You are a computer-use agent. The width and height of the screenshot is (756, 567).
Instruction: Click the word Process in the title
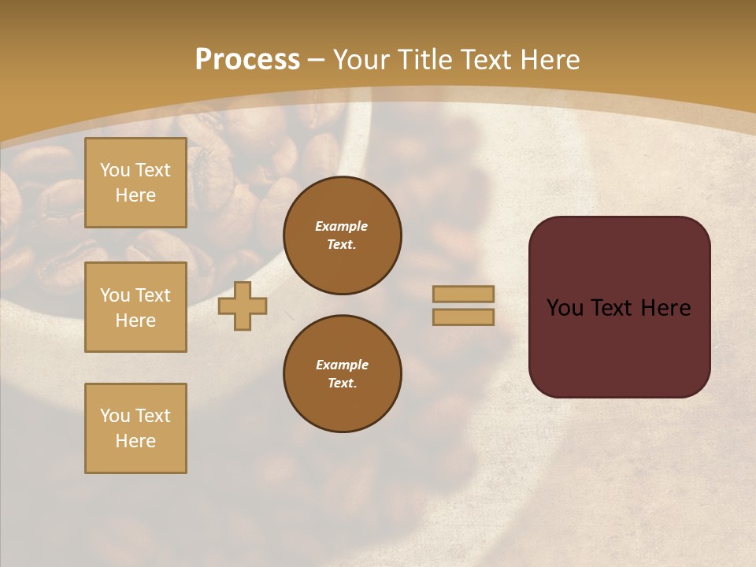(x=247, y=60)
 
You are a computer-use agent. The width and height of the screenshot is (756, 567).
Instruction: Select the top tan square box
(x=135, y=183)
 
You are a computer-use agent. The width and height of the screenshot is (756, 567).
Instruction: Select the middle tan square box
(x=135, y=307)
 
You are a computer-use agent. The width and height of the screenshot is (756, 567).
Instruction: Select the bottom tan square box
(x=135, y=428)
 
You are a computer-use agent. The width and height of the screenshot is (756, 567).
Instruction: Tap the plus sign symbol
(x=243, y=306)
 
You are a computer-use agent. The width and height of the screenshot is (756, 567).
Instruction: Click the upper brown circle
(x=342, y=235)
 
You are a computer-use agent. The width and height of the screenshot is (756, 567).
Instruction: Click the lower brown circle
(x=342, y=373)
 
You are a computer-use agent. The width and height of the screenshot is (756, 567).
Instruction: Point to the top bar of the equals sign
(x=464, y=294)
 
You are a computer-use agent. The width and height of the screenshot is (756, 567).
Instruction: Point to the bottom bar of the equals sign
(x=464, y=317)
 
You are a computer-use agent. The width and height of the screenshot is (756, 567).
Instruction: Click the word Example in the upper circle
(x=341, y=226)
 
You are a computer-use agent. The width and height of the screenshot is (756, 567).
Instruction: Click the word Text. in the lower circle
(x=342, y=383)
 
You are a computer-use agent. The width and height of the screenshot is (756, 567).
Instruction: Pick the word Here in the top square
(x=135, y=195)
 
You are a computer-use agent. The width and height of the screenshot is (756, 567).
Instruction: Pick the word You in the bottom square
(x=115, y=416)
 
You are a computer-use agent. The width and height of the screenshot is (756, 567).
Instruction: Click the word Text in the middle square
(x=153, y=295)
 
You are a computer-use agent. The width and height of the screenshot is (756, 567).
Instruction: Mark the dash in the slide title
(x=316, y=60)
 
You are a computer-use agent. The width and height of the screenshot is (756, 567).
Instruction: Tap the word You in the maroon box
(x=565, y=308)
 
